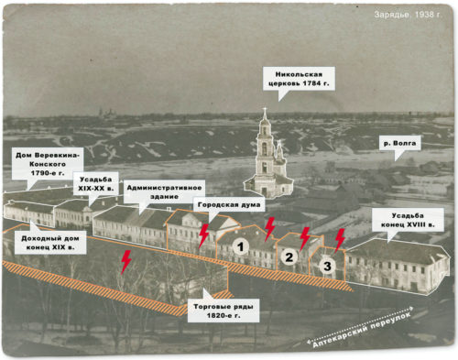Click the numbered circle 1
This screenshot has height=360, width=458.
[x=241, y=246]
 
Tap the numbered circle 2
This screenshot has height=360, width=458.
[x=289, y=256]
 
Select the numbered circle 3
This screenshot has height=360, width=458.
[x=327, y=266]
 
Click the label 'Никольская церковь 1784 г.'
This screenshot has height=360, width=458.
[x=299, y=79]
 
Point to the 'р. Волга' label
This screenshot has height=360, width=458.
[x=399, y=143]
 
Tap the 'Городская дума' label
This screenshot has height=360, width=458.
[x=229, y=204]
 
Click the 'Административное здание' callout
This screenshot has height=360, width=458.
[x=164, y=192]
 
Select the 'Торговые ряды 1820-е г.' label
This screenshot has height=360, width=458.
[x=224, y=311]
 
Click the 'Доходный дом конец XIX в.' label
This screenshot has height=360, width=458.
[x=50, y=243]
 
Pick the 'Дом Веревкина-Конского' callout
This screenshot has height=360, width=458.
[x=48, y=164]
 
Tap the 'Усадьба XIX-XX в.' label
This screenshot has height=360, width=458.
[x=95, y=184]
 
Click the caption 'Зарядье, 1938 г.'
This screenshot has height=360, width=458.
[x=408, y=15]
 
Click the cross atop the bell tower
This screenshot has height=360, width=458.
[x=265, y=110]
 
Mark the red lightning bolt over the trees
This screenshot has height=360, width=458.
[x=125, y=262]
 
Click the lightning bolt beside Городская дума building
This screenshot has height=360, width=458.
[x=203, y=235]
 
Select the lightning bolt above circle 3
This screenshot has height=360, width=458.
[x=340, y=240]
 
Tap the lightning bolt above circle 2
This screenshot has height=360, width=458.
[x=305, y=239]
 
